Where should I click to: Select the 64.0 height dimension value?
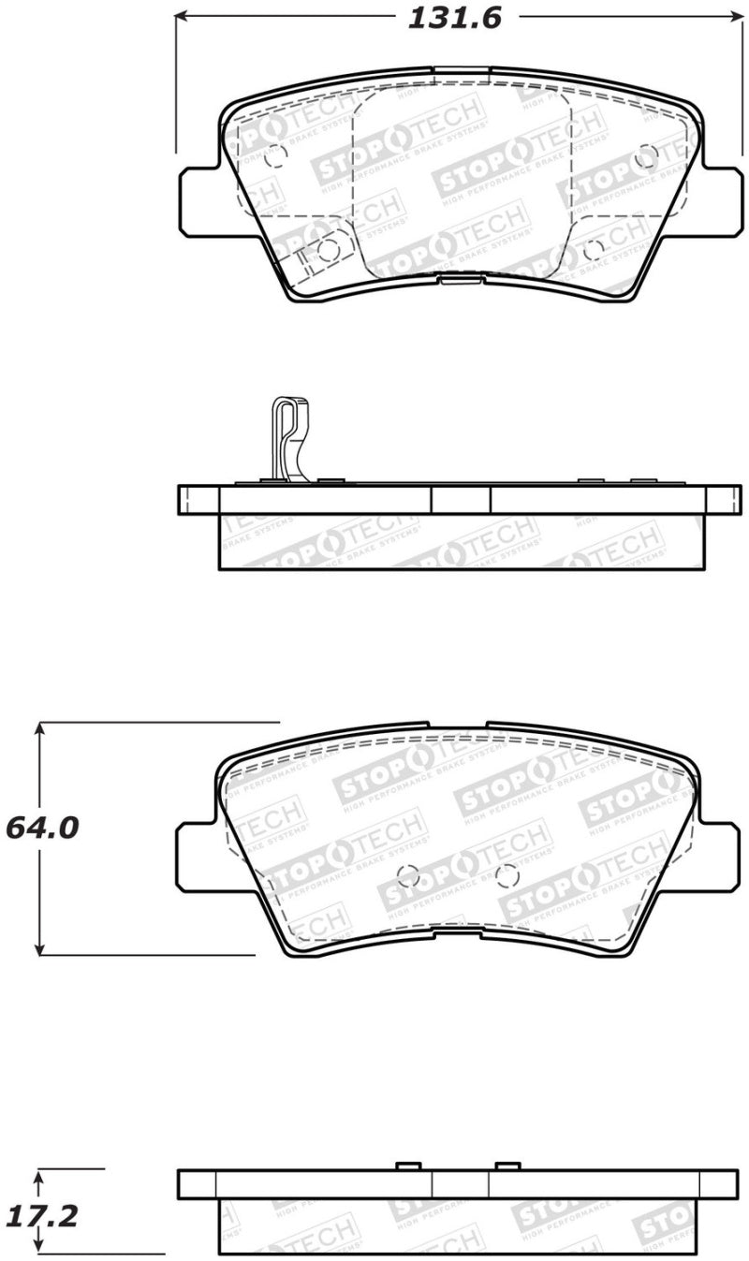[x=42, y=829]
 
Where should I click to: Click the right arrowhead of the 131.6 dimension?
[x=734, y=17]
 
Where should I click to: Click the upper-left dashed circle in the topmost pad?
[x=275, y=156]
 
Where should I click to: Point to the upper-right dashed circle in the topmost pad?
[x=645, y=156]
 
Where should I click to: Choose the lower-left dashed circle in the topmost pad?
[x=329, y=250]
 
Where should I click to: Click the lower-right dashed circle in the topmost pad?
[x=594, y=250]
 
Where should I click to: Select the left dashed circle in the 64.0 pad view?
[x=408, y=876]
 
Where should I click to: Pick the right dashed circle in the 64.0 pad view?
[x=507, y=876]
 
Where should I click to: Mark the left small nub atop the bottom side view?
[x=406, y=1166]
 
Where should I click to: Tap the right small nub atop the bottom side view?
[x=507, y=1166]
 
